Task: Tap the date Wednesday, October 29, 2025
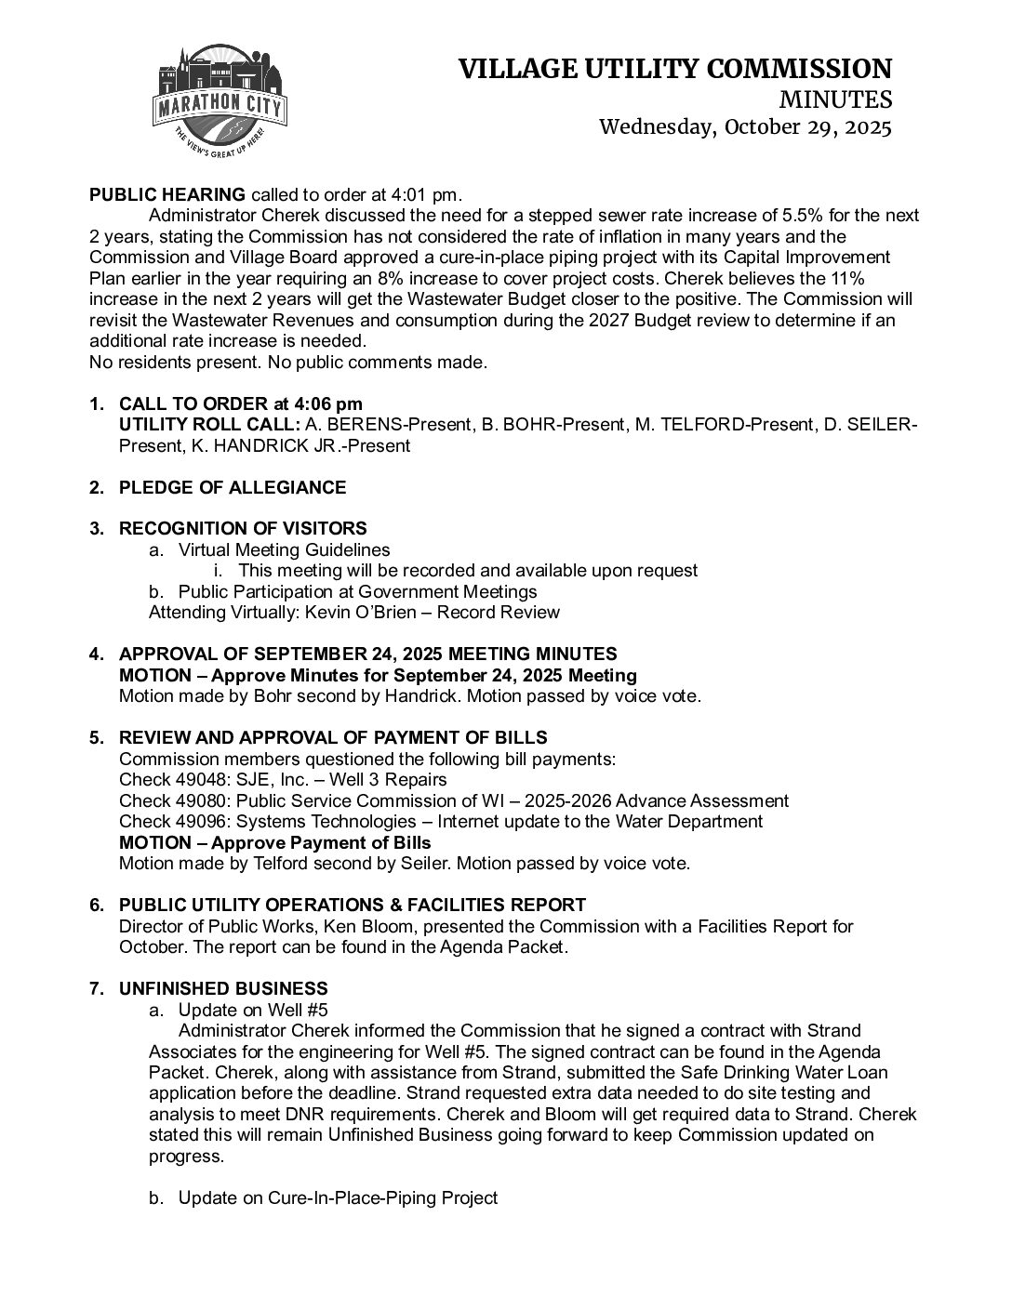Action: click(745, 127)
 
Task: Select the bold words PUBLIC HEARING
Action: click(167, 194)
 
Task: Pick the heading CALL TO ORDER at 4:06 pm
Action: click(240, 403)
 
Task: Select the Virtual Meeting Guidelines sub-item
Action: click(284, 549)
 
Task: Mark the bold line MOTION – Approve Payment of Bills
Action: click(275, 842)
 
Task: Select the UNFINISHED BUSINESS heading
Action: click(223, 988)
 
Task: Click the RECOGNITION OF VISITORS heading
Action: click(243, 529)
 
